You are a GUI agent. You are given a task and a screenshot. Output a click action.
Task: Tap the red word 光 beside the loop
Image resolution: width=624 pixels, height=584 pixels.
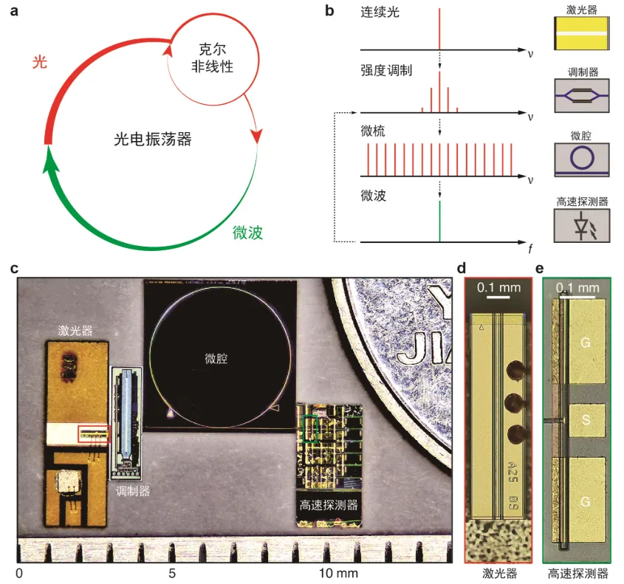40,63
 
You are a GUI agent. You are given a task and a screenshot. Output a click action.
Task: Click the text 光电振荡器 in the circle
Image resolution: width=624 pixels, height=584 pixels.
153,138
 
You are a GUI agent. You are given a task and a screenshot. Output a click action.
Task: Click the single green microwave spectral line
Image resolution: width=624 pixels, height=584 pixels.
439,221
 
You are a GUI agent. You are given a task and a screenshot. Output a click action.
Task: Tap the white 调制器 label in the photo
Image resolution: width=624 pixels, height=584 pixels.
132,490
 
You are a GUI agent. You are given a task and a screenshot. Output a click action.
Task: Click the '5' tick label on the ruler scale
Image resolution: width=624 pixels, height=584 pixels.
172,573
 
